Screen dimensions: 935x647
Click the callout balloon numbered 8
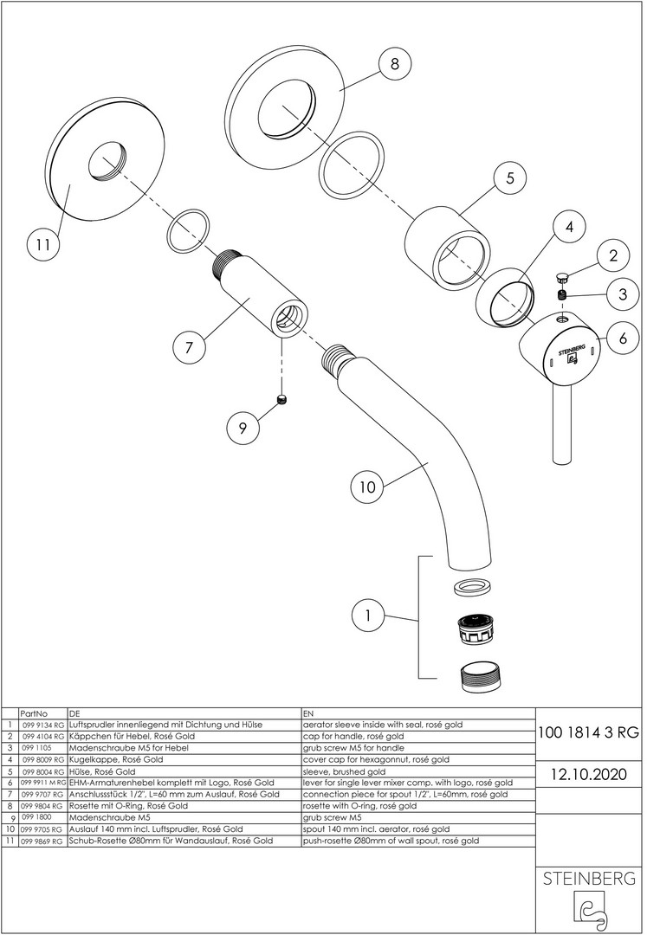(x=394, y=66)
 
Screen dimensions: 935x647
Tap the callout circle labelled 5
(x=509, y=178)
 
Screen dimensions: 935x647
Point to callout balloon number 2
(x=612, y=255)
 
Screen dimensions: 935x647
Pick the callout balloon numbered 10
(x=367, y=487)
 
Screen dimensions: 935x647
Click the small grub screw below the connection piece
(x=281, y=399)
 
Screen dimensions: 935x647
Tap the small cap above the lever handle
(x=561, y=277)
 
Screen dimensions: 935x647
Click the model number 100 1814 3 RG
(x=589, y=732)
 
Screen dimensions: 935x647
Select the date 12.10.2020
(x=589, y=772)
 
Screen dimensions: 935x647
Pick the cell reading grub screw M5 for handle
(x=353, y=746)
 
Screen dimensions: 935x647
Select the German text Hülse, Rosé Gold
(x=103, y=770)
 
